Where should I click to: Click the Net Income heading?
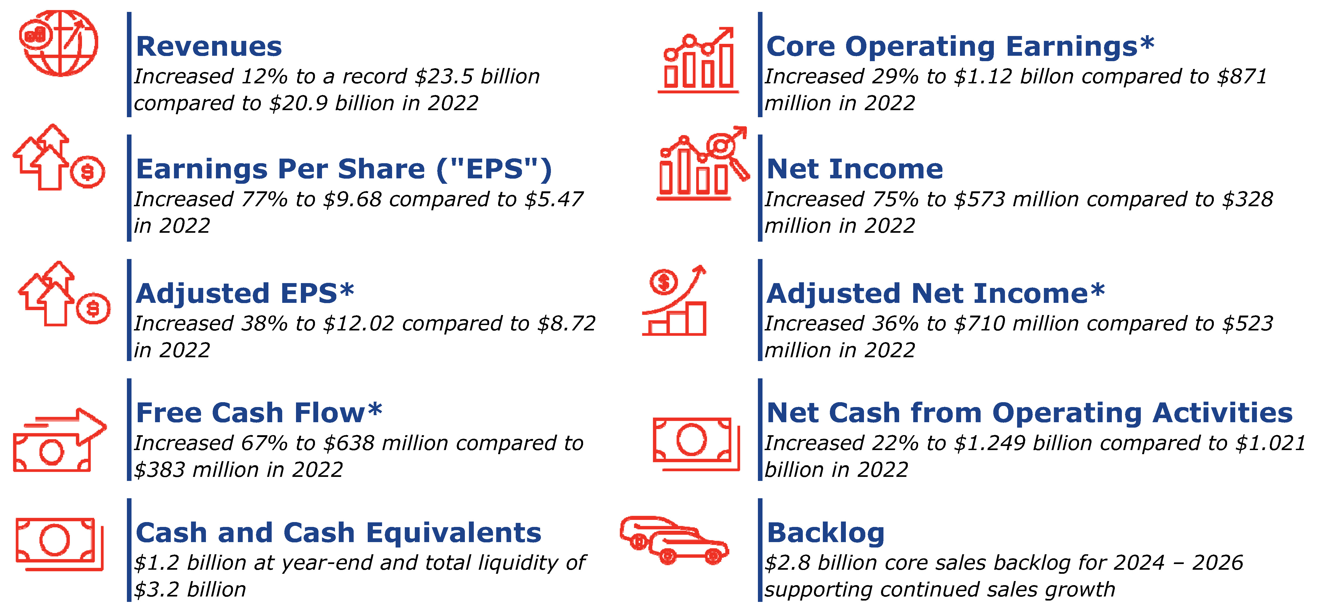pos(854,169)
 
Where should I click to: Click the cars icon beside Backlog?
pos(673,540)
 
